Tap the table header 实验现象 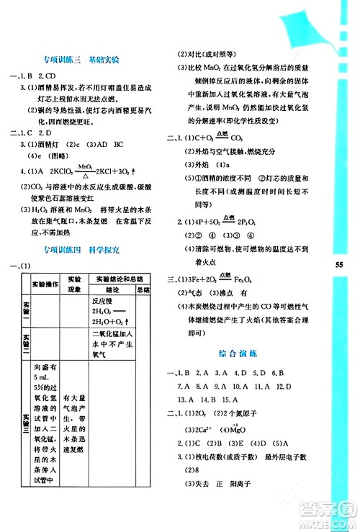[73, 282]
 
